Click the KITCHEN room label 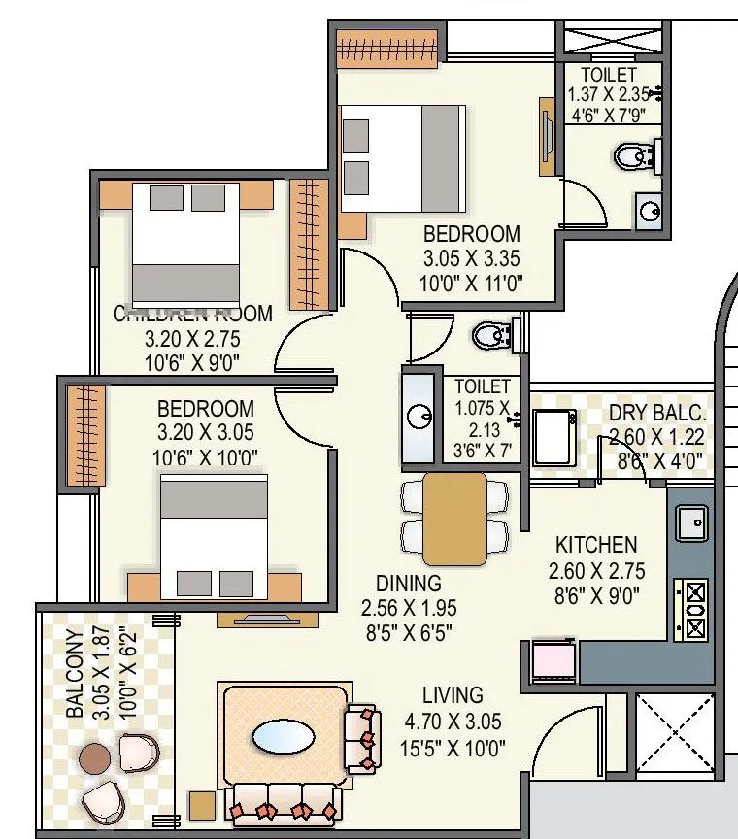[595, 546]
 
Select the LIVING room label [453, 695]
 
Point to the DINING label [408, 584]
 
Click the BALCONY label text [75, 673]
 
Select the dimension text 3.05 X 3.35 [472, 259]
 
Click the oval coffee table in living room [283, 737]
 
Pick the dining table [454, 519]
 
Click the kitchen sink [693, 523]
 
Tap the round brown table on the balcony [95, 757]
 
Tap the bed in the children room [185, 242]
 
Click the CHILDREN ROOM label [192, 315]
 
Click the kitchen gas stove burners [696, 609]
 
